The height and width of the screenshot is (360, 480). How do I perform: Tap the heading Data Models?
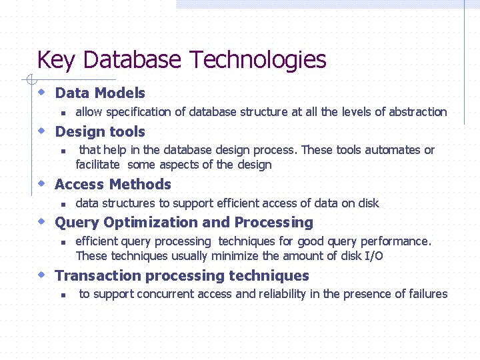[100, 93]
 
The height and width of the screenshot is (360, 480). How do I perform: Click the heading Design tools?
[100, 131]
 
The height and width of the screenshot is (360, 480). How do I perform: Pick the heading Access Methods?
[113, 184]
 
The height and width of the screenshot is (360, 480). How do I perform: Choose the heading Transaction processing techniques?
[182, 275]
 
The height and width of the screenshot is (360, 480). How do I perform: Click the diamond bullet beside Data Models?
[41, 92]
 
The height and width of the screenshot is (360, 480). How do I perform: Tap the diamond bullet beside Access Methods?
[41, 183]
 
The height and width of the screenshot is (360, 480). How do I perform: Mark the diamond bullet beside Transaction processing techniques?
[41, 275]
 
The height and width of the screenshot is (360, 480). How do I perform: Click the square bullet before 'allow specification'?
[62, 113]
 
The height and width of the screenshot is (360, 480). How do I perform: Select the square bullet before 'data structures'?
[62, 204]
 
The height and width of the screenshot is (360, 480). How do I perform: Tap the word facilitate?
[97, 164]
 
